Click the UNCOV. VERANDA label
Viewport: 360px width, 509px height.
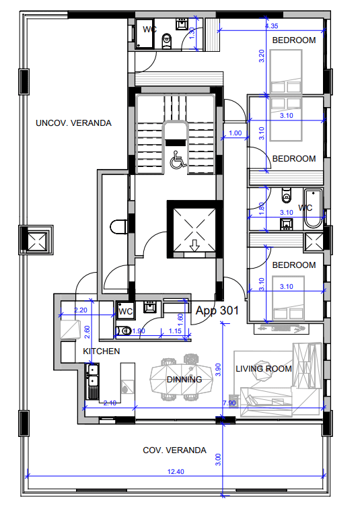(x=73, y=123)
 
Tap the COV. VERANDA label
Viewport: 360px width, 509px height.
(x=174, y=450)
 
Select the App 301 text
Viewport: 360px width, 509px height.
(x=217, y=310)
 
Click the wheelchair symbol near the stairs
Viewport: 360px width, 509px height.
(x=178, y=160)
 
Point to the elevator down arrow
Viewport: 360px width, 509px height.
(x=194, y=245)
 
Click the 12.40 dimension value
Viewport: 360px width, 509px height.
(x=176, y=472)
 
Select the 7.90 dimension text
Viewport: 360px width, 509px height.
(x=229, y=403)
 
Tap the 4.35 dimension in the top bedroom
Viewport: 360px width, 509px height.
(x=271, y=26)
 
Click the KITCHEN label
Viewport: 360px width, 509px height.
(x=101, y=351)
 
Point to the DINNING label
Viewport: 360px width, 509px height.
(x=184, y=380)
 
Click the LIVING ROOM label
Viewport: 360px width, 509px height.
(x=264, y=369)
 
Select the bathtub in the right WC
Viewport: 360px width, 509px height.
(x=313, y=209)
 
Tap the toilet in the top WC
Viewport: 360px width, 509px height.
(x=167, y=41)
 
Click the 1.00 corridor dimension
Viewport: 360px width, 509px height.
(x=235, y=133)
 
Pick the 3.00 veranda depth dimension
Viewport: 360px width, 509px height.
(x=218, y=459)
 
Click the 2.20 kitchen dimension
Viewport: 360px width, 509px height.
(x=81, y=310)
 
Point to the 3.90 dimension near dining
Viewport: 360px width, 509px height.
(x=218, y=370)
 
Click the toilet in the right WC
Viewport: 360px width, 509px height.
(x=287, y=195)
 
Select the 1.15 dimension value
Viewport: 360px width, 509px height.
(x=175, y=331)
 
